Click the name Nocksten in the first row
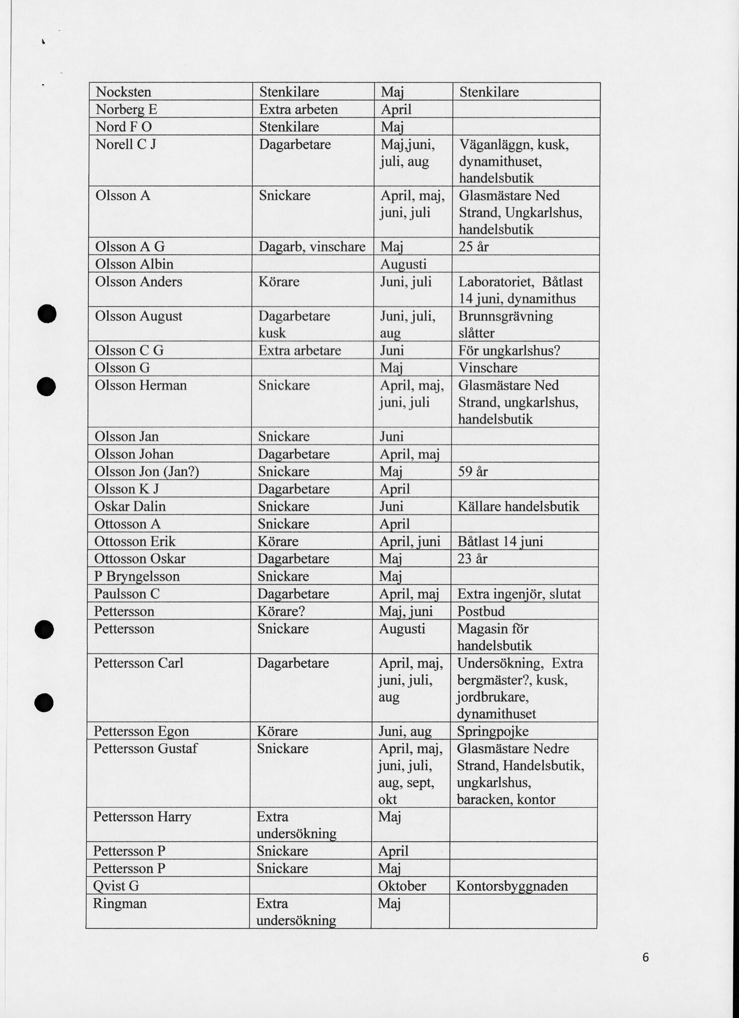click(123, 92)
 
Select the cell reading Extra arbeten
click(298, 109)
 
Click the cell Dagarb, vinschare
click(312, 247)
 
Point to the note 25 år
click(474, 247)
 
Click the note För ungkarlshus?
click(509, 350)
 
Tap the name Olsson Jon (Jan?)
click(147, 471)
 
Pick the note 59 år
click(473, 471)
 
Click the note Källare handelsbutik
click(518, 507)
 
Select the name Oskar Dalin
click(130, 507)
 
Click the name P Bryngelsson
click(137, 577)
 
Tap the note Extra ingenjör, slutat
click(519, 594)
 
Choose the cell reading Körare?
click(281, 611)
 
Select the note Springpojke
click(493, 731)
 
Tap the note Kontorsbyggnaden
click(512, 886)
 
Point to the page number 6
click(645, 957)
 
